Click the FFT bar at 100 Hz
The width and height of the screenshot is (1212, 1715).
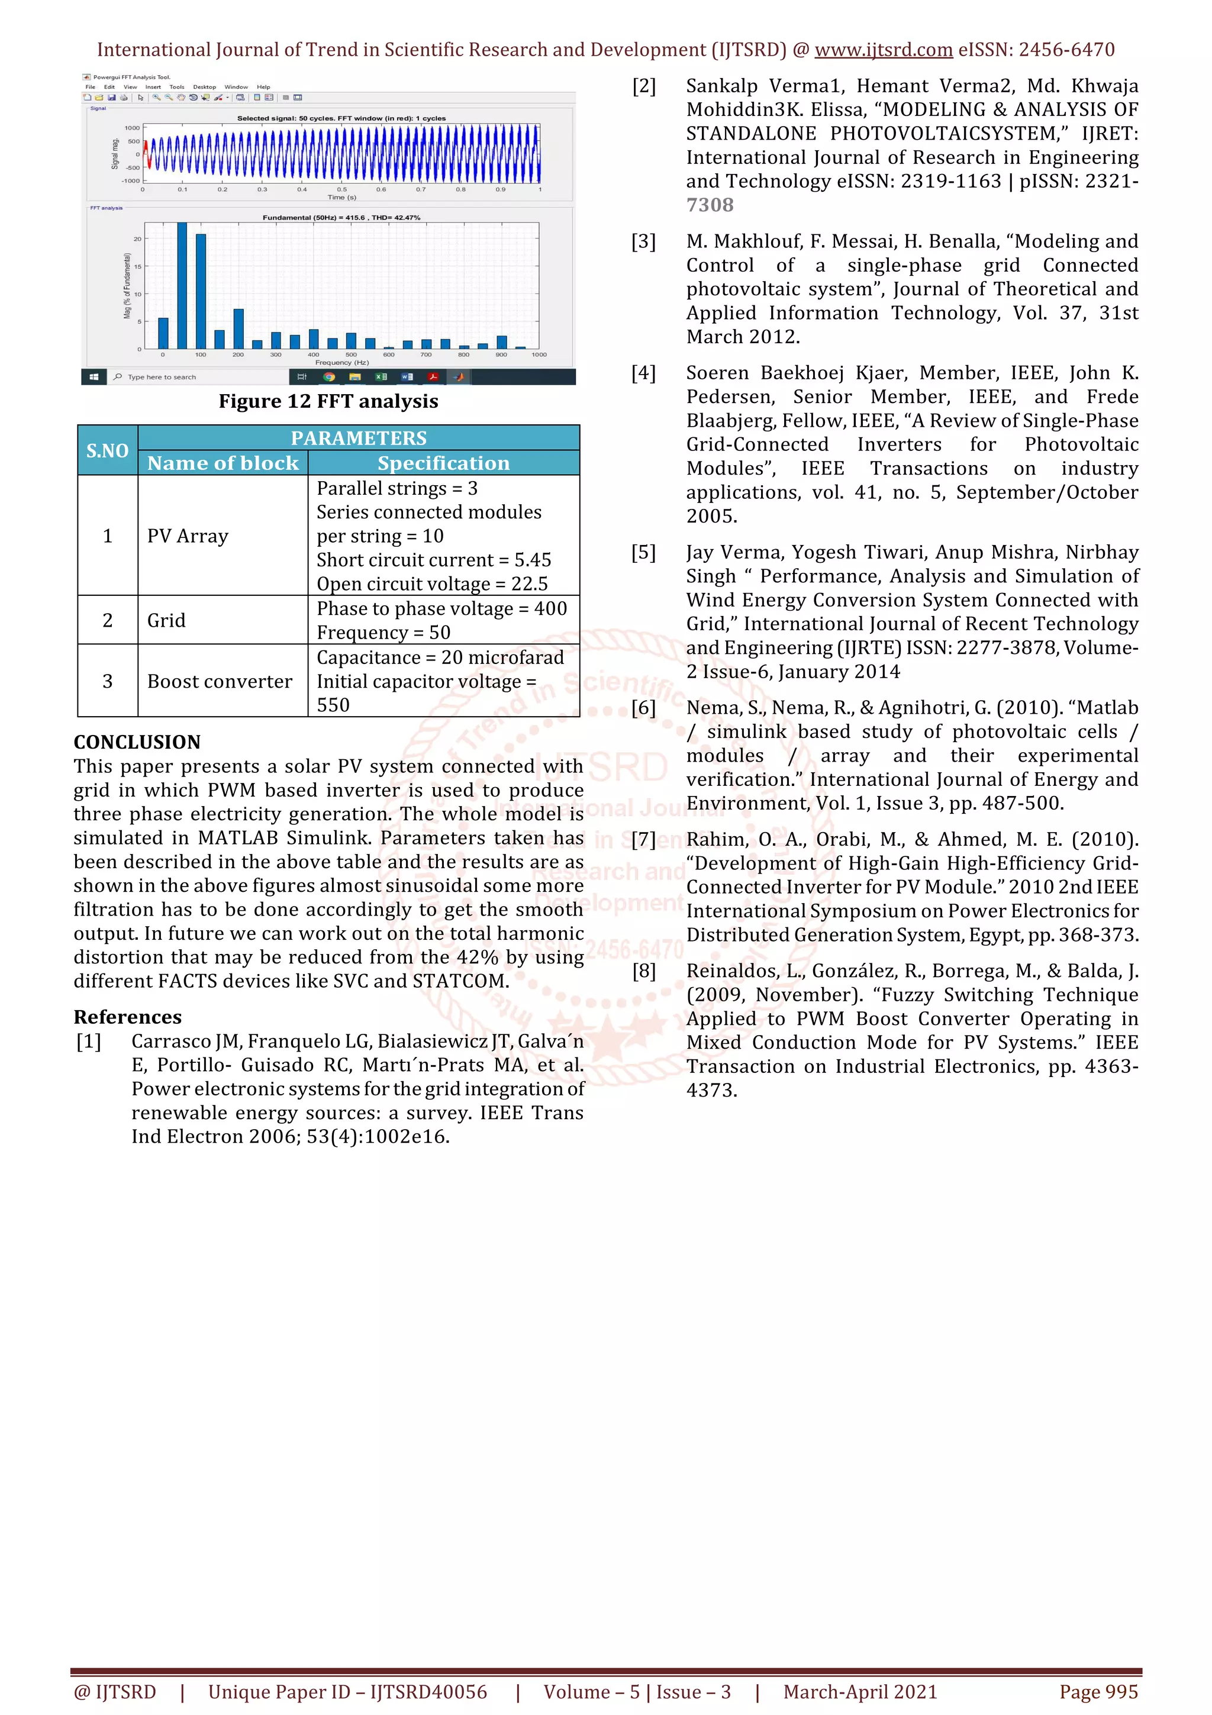coord(201,291)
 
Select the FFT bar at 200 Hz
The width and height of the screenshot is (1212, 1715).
coord(238,328)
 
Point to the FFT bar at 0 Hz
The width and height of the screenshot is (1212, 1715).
coord(163,333)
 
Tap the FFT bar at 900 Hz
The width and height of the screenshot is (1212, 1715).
coord(502,342)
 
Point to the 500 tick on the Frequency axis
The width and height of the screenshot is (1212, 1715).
coord(351,355)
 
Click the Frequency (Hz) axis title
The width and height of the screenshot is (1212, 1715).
coord(342,362)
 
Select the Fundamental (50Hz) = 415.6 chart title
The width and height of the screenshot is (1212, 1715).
coord(341,217)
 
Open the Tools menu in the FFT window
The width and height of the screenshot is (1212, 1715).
coord(176,86)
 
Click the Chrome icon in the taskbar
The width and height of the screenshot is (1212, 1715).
coord(328,377)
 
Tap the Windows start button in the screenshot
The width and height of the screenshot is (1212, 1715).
coord(94,377)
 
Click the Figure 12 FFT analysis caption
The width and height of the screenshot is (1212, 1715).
coord(328,401)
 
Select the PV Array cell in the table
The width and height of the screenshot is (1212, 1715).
coord(188,536)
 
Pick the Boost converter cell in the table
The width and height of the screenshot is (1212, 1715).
coord(220,681)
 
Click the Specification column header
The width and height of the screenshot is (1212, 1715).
coord(444,463)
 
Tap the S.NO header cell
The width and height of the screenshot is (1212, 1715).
coord(108,450)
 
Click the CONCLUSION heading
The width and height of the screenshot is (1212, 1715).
coord(137,742)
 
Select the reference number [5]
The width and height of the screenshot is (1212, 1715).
coord(644,553)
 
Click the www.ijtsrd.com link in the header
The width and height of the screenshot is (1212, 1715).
coord(884,50)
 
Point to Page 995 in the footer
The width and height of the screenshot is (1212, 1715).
coord(1098,1692)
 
